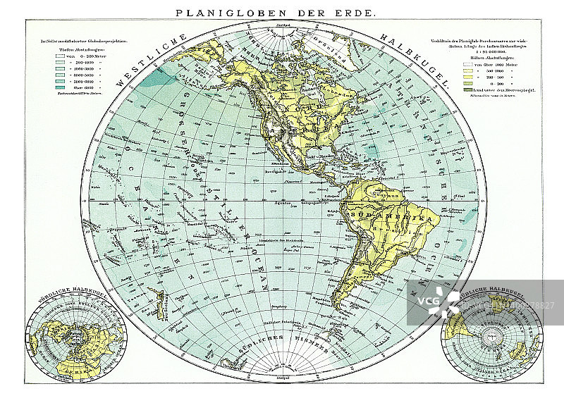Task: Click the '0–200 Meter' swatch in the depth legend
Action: tap(62, 54)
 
